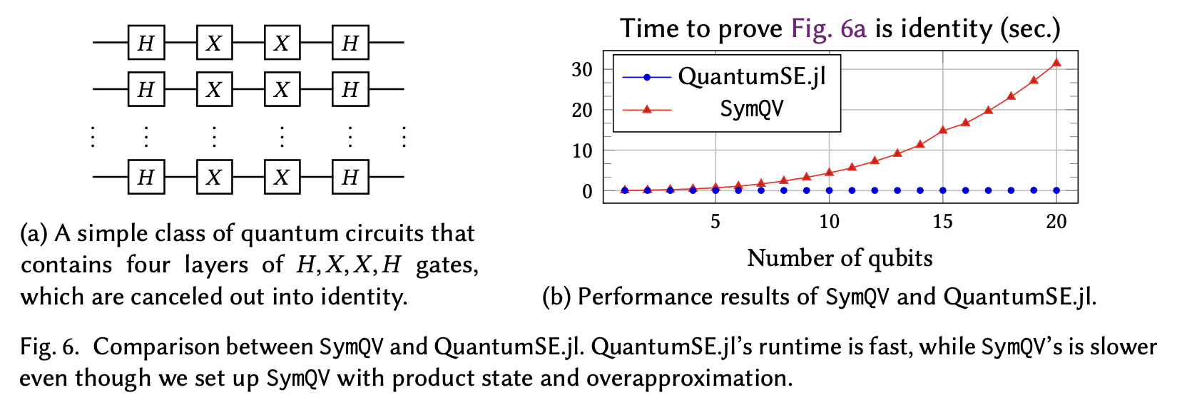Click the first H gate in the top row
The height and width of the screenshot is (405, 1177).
[146, 43]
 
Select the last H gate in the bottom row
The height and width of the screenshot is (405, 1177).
[350, 177]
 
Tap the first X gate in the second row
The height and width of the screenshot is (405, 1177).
[214, 90]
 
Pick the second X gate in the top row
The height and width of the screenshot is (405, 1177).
[282, 43]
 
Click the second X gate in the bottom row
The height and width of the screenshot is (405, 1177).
[282, 177]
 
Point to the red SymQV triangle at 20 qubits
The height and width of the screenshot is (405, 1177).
[1056, 63]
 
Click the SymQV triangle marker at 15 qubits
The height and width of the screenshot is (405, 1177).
[943, 130]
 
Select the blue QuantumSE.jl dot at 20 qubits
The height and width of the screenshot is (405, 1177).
[1056, 190]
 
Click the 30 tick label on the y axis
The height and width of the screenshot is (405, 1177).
[582, 69]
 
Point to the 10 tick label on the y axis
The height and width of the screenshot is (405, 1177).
[582, 150]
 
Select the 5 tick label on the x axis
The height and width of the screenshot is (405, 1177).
[715, 222]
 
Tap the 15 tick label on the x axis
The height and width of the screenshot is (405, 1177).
[943, 222]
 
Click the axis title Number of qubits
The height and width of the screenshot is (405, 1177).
[840, 257]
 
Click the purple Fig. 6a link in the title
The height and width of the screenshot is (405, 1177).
[828, 29]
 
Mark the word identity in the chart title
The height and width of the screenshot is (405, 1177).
[946, 29]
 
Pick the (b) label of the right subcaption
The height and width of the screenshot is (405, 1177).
[556, 297]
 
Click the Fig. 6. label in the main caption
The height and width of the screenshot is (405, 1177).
[49, 347]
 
